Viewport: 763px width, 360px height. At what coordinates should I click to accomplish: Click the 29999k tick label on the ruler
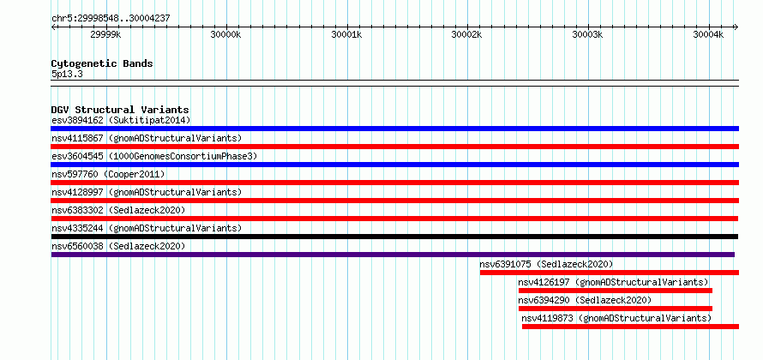point(105,34)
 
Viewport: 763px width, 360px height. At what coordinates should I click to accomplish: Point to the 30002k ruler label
point(467,34)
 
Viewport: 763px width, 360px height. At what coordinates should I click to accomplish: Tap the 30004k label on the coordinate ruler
point(709,34)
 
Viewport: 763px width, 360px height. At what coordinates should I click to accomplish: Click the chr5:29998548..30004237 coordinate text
point(111,19)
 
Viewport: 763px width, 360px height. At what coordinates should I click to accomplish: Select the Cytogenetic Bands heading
point(102,63)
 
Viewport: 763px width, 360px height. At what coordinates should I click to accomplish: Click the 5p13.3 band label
point(66,75)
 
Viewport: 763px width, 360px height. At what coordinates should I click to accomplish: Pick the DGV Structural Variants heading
point(120,110)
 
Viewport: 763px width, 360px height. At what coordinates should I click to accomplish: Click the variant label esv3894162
point(77,120)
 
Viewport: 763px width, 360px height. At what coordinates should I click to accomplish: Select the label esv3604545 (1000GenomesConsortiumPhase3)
point(154,156)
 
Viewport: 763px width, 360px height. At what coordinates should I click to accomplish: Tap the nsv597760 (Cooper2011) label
point(108,174)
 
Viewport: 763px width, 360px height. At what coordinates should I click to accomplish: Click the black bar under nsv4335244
point(394,237)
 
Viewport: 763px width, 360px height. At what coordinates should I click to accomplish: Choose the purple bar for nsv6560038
point(393,255)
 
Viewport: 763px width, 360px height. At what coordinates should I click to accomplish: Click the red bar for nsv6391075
point(610,273)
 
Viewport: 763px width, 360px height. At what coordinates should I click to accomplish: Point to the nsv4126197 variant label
point(544,282)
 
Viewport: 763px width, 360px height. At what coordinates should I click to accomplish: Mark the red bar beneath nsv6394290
point(616,309)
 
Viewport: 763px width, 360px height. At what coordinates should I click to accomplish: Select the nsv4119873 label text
point(548,318)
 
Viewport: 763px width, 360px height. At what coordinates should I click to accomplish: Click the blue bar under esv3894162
point(395,129)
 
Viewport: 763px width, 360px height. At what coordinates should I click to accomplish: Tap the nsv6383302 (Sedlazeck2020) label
point(118,210)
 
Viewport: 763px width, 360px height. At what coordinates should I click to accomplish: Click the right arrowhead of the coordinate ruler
point(736,27)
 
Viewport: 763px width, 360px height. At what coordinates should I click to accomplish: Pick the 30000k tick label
point(226,34)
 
